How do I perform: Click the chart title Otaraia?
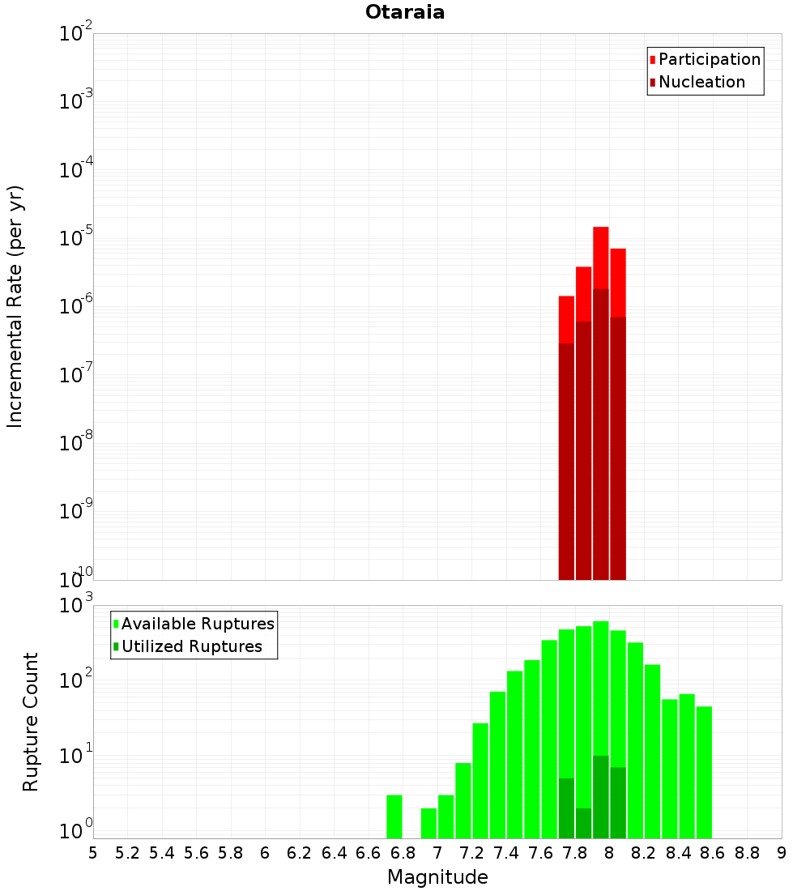[x=404, y=12]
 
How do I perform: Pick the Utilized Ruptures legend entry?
[x=191, y=646]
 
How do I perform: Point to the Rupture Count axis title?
[x=31, y=721]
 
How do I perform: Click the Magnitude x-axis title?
[x=437, y=877]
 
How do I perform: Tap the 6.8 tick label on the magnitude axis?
[x=403, y=853]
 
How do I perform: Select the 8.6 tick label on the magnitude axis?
[x=712, y=853]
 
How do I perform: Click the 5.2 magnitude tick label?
[x=127, y=853]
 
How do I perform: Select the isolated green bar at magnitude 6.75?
[x=394, y=816]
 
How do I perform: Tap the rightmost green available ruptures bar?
[x=704, y=769]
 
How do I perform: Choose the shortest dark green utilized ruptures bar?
[x=583, y=823]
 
